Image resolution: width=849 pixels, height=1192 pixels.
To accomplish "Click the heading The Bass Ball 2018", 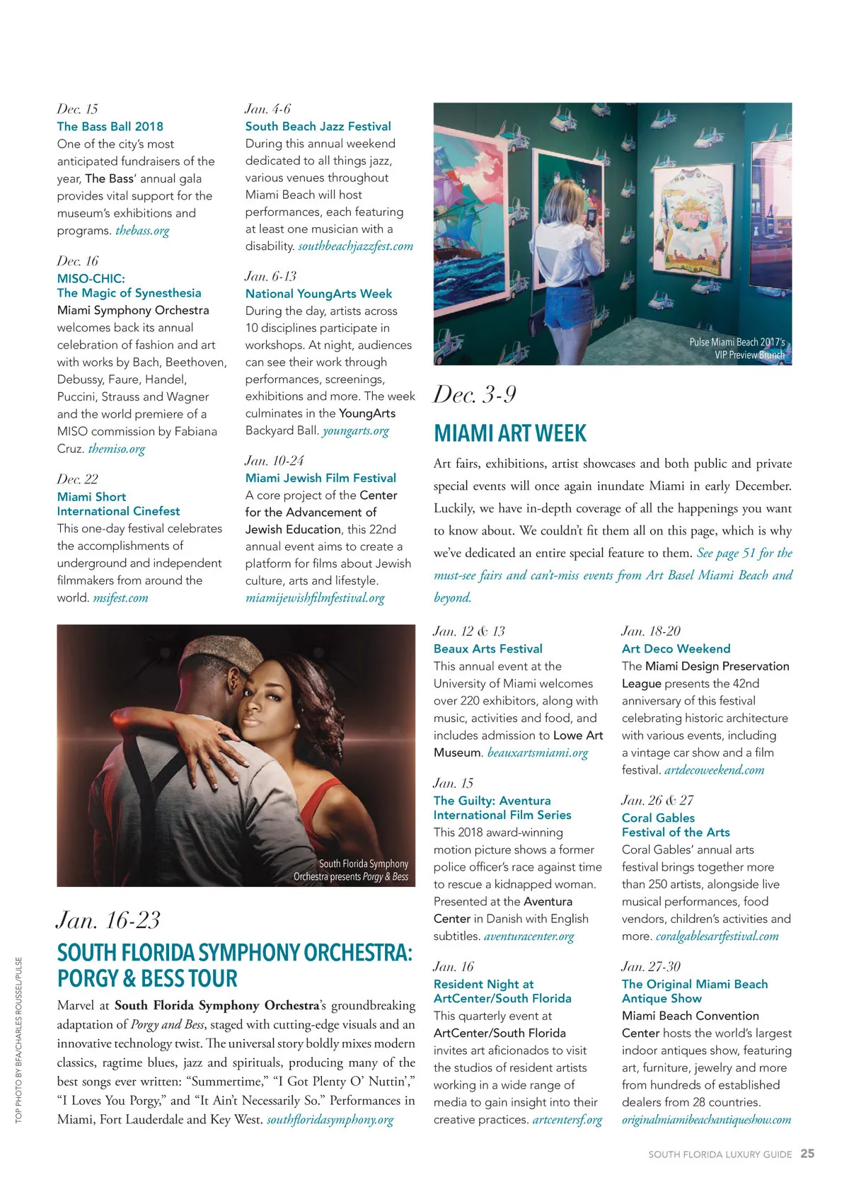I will pos(110,127).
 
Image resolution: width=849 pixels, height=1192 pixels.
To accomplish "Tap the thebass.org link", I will pos(142,231).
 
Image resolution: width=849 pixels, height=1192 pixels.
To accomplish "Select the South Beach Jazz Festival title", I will pos(318,127).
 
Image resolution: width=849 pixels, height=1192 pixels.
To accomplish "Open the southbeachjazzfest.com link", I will pos(355,246).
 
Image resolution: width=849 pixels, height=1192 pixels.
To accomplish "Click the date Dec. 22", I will pos(78,479).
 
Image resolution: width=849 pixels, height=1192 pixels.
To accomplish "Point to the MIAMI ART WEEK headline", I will pos(510,433).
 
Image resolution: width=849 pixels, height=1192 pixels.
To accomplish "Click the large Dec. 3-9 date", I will pos(475,395).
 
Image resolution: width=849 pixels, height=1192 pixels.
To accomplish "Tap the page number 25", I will pos(807,1154).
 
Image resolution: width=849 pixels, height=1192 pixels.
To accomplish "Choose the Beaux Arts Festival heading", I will pos(487,649).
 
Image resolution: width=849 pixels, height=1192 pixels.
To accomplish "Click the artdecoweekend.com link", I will pos(714,770).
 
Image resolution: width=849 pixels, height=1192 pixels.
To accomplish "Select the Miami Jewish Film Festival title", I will pos(320,478).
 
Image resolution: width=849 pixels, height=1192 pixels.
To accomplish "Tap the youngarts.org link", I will pos(355,431).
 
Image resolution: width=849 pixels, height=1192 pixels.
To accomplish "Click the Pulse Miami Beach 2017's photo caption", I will pos(737,348).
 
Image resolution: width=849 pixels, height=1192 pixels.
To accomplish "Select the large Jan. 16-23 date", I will pos(108,920).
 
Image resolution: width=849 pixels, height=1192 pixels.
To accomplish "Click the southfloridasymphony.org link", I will pos(330,1120).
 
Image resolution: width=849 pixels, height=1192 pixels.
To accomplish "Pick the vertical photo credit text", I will pos(19,1040).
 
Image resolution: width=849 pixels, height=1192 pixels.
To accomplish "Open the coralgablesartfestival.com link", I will pos(717,936).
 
